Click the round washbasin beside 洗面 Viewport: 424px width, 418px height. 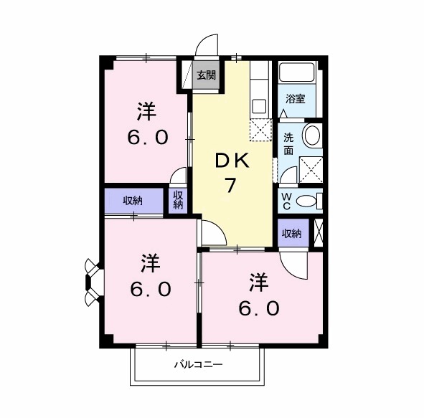(x=312, y=135)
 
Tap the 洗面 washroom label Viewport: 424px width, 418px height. (x=288, y=143)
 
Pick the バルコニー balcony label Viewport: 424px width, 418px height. (x=198, y=365)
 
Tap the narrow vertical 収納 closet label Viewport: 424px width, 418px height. (x=178, y=200)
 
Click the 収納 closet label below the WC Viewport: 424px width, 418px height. (x=291, y=233)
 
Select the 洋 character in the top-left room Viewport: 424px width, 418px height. (x=147, y=111)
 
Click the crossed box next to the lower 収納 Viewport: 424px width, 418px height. (x=317, y=234)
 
